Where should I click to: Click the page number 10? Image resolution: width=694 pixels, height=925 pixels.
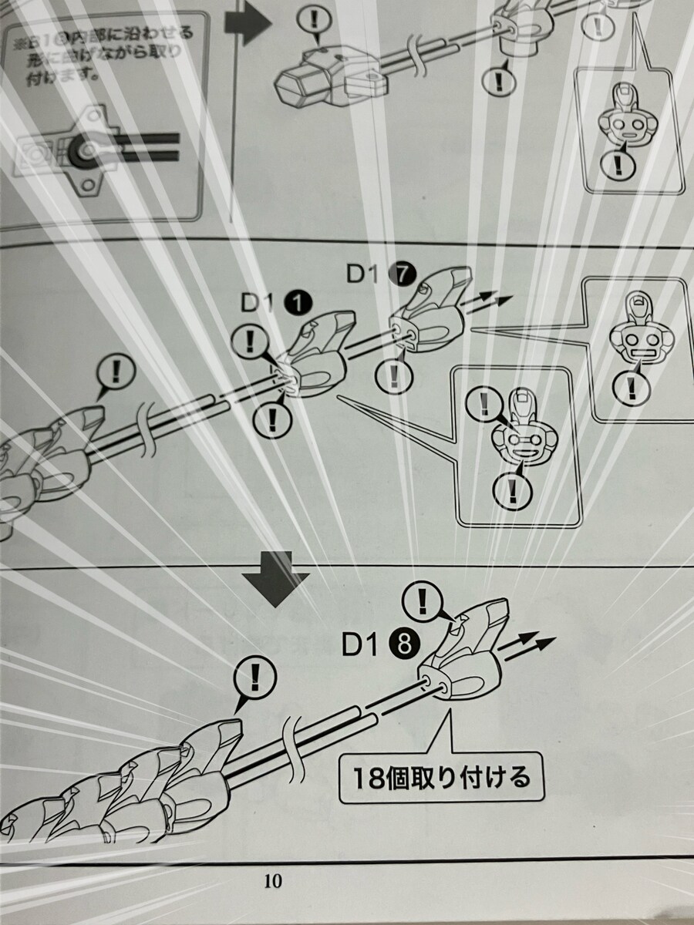click(x=272, y=881)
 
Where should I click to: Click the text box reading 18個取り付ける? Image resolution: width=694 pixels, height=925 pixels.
click(x=441, y=777)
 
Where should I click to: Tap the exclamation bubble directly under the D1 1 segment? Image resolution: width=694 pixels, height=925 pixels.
click(x=271, y=419)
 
